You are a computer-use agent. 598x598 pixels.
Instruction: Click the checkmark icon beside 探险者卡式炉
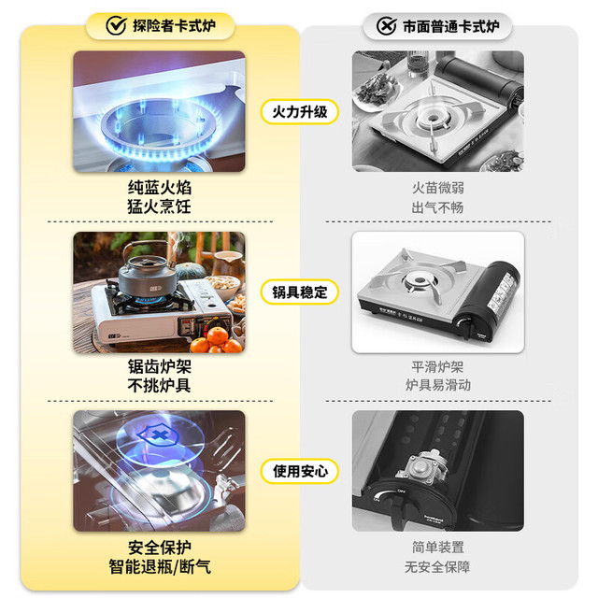tap(116, 25)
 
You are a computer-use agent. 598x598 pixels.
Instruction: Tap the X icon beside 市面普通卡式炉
tap(386, 26)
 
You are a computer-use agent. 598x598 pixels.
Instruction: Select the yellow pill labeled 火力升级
tap(300, 112)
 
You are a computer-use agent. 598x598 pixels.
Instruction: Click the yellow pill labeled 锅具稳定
tap(300, 292)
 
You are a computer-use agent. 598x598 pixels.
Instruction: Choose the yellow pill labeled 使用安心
tap(300, 471)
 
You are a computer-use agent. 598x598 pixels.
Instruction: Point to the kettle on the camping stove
tap(148, 270)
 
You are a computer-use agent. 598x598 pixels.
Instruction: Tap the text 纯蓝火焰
tap(160, 188)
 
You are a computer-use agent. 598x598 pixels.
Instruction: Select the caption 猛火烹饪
tap(160, 207)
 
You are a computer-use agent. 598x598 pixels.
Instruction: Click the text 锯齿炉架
tap(160, 367)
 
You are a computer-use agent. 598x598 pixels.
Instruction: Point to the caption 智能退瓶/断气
tap(160, 567)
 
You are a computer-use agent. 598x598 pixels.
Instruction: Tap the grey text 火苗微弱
tap(438, 188)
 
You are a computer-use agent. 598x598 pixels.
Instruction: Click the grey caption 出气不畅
tap(438, 207)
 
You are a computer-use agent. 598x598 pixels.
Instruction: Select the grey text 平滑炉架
tap(438, 367)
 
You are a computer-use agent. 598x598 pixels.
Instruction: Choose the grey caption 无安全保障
tap(438, 567)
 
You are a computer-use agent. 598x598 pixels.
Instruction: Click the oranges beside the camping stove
tap(216, 340)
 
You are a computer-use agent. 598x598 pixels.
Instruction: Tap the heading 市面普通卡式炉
tap(451, 26)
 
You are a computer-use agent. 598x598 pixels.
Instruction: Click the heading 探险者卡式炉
tap(175, 25)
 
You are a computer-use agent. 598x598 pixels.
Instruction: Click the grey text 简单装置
tap(438, 548)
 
